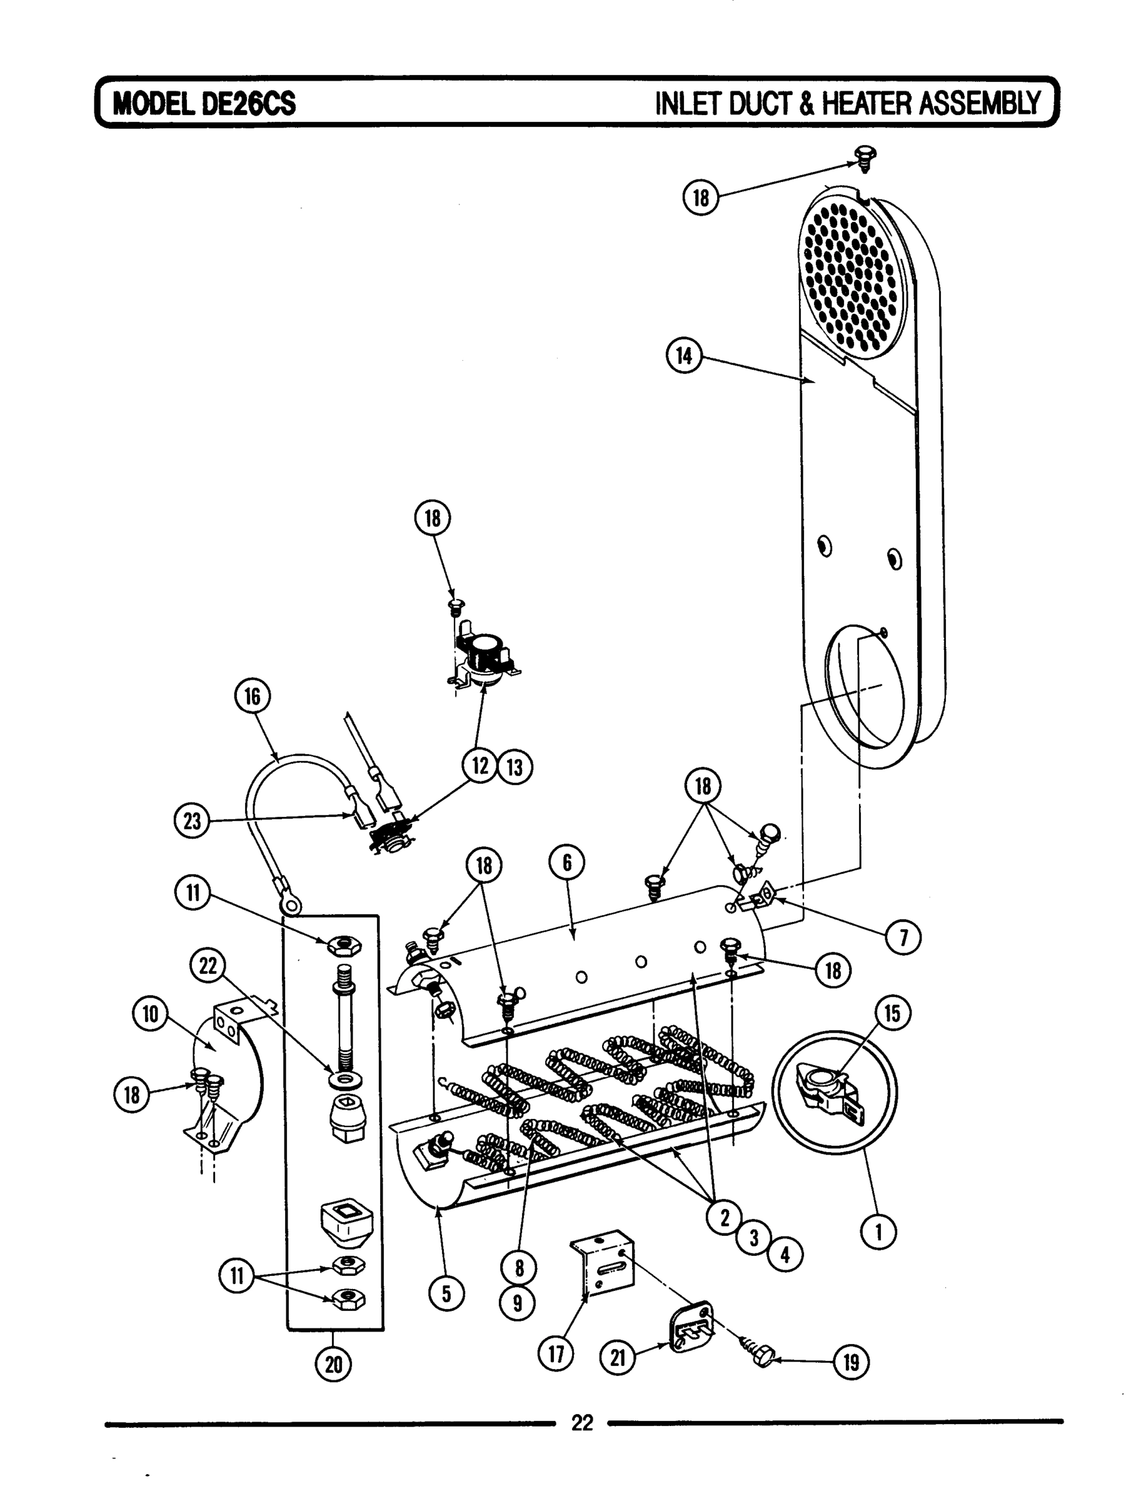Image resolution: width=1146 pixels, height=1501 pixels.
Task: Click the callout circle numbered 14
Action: coord(684,355)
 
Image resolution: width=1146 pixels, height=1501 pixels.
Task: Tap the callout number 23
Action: coord(193,821)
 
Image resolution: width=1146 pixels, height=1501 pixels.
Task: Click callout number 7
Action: coord(903,939)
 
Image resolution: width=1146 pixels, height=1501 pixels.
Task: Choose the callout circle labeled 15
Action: coord(892,1014)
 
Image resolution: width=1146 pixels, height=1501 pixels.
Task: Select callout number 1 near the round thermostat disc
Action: coord(878,1231)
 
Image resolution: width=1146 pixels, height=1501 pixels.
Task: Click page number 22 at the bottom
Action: coord(582,1423)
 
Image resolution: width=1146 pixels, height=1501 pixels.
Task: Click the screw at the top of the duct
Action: coord(867,159)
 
